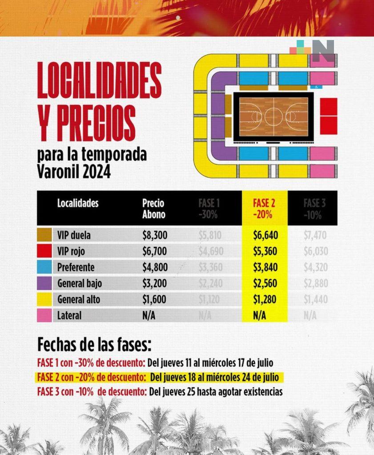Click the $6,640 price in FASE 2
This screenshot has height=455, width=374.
pos(265,235)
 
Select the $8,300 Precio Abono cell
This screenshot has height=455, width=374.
pos(154,235)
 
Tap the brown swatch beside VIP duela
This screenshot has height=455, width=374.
pos(45,235)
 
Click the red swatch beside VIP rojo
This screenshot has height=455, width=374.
pos(45,251)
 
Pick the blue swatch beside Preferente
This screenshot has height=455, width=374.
pos(45,267)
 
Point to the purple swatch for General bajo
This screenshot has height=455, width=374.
pos(45,283)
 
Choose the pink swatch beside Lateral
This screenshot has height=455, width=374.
pos(45,315)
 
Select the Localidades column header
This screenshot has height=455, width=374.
pos(78,204)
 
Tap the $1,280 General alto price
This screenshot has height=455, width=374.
pos(265,299)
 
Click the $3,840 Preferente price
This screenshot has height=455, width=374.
pos(265,267)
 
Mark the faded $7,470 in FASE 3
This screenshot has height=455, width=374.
pos(316,235)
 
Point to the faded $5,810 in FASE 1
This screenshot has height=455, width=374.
pos(209,235)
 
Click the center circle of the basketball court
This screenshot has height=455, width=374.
pos(273,117)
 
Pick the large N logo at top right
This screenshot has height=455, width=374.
pos(323,51)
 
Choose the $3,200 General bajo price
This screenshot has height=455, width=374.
pos(154,283)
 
